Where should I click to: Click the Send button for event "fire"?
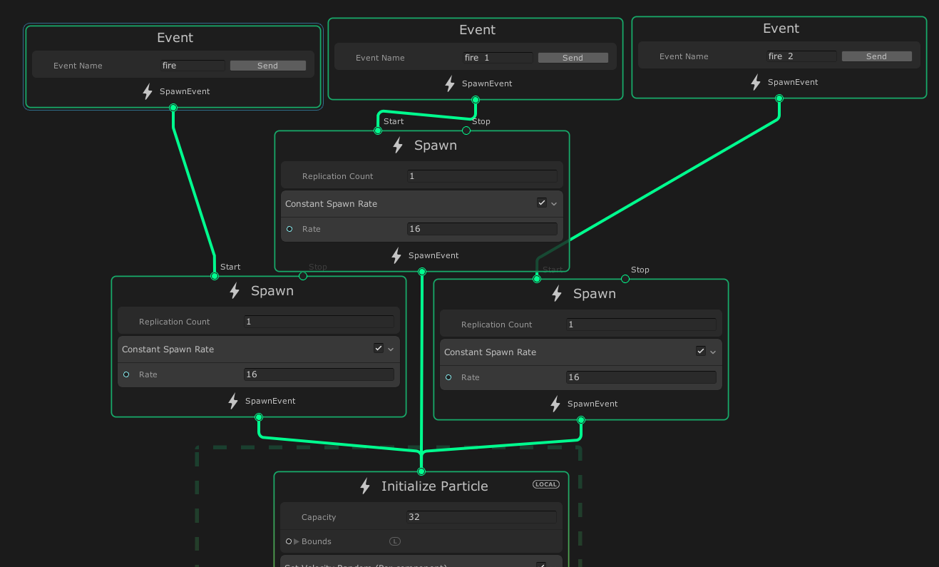pyautogui.click(x=267, y=66)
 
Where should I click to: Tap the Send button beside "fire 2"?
pyautogui.click(x=876, y=56)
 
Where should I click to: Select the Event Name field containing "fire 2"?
pyautogui.click(x=801, y=56)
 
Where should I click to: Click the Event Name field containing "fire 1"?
pyautogui.click(x=498, y=58)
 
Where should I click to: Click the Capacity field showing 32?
pyautogui.click(x=481, y=517)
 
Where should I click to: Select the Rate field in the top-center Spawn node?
pyautogui.click(x=481, y=229)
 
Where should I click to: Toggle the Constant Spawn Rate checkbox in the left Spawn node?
pyautogui.click(x=379, y=349)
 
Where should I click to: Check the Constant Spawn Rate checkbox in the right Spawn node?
pyautogui.click(x=701, y=352)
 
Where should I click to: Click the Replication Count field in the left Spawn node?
pyautogui.click(x=318, y=322)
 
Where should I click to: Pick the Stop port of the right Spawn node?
pyautogui.click(x=625, y=279)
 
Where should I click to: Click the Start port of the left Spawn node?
pyautogui.click(x=215, y=276)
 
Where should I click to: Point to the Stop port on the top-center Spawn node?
pyautogui.click(x=466, y=131)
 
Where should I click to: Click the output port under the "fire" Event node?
pyautogui.click(x=173, y=108)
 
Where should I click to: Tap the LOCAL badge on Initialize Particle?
pyautogui.click(x=546, y=484)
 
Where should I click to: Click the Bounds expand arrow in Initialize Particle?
pyautogui.click(x=297, y=541)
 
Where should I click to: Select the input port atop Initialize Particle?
pyautogui.click(x=421, y=471)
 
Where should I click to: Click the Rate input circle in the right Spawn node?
pyautogui.click(x=448, y=377)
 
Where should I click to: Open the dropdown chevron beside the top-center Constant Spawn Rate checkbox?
pyautogui.click(x=553, y=204)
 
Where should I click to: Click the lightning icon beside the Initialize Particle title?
pyautogui.click(x=365, y=486)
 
